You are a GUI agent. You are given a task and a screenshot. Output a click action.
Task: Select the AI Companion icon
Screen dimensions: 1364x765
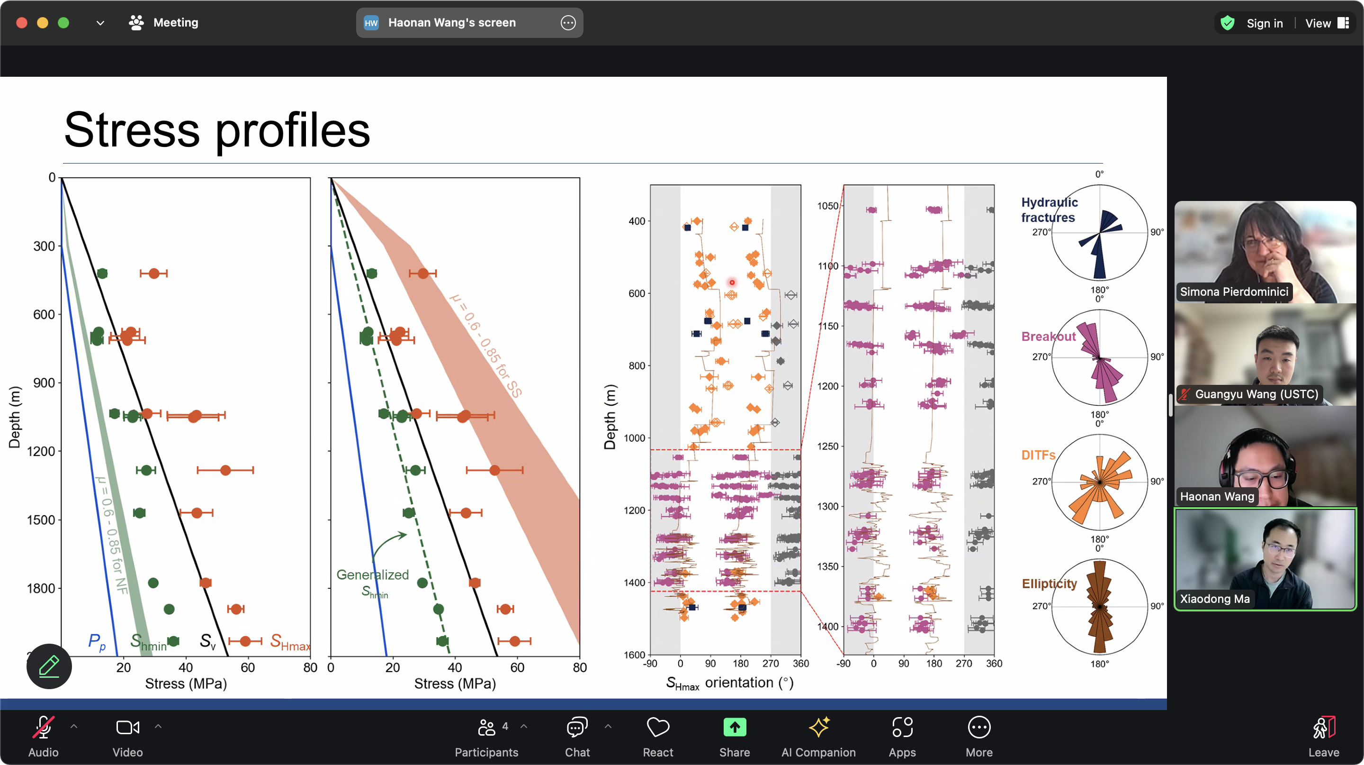(x=818, y=727)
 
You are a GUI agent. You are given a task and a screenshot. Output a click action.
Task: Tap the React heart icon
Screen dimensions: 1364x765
(x=658, y=727)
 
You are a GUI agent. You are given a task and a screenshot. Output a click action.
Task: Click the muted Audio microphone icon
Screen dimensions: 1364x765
(x=44, y=727)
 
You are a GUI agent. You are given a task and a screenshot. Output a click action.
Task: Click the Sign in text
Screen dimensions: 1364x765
(x=1265, y=23)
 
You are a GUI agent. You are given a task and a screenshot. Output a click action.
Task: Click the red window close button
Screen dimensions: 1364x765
(x=22, y=23)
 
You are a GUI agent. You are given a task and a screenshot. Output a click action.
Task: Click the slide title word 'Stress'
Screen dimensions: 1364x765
(x=133, y=130)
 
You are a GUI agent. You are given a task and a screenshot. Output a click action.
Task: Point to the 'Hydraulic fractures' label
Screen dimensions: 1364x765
(x=1049, y=210)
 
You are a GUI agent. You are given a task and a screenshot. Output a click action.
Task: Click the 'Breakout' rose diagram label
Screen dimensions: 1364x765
(x=1049, y=337)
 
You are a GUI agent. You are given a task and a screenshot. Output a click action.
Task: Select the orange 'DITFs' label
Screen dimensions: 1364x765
(x=1038, y=455)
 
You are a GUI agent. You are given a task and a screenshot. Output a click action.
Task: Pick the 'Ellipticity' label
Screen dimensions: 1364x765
(x=1049, y=584)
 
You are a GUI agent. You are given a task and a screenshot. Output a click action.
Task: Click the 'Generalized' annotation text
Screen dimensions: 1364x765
(x=373, y=575)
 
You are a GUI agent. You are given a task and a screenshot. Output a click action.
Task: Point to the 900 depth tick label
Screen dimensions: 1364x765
(x=44, y=383)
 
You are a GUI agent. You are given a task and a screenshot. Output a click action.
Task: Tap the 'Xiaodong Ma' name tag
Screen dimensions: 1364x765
(x=1215, y=599)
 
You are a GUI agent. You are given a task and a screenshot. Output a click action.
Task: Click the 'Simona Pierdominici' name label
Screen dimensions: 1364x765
(x=1234, y=292)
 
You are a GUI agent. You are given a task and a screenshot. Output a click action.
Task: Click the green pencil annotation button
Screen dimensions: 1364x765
(x=49, y=666)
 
